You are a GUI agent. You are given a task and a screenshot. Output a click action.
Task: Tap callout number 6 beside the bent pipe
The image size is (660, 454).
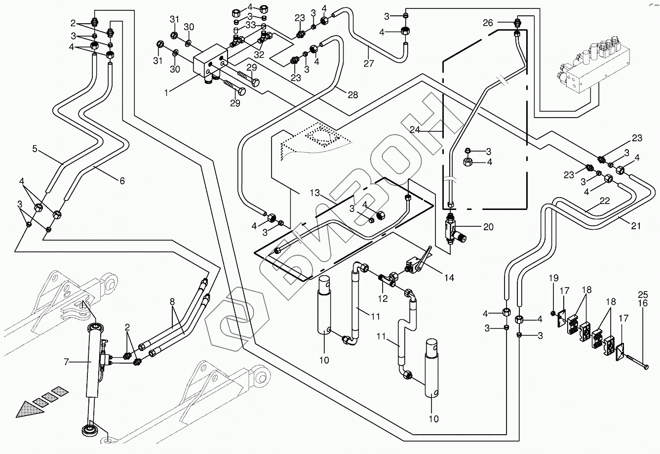tap(121, 181)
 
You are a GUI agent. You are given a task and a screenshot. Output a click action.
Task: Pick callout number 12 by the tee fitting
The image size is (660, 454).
tap(383, 298)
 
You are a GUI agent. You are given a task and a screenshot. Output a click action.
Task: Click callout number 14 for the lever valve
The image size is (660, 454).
tap(449, 278)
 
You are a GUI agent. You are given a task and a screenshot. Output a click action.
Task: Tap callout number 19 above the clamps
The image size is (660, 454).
tap(552, 290)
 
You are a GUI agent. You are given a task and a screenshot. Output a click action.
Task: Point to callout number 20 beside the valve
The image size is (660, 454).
tap(488, 227)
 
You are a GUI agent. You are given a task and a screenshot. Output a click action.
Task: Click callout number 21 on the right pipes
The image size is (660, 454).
tap(636, 226)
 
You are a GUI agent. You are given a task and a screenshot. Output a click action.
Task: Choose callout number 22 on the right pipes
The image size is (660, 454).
tap(605, 201)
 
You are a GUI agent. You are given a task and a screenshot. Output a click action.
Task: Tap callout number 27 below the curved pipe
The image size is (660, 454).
tap(369, 63)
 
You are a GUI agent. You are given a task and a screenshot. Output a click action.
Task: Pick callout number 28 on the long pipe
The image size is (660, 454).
tap(352, 95)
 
